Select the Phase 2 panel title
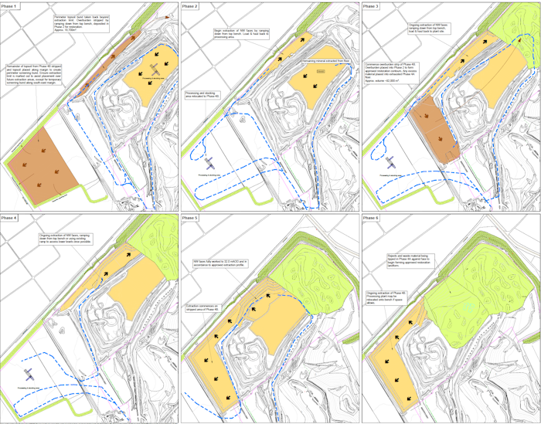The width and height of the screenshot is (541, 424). click(192, 6)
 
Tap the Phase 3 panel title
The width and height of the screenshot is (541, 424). click(373, 6)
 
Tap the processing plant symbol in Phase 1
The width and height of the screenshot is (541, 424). click(155, 70)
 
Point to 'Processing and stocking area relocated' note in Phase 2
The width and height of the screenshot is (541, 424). click(202, 93)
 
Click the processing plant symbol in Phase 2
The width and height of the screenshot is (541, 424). click(211, 161)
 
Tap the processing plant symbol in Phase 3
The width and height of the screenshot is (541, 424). click(391, 163)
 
